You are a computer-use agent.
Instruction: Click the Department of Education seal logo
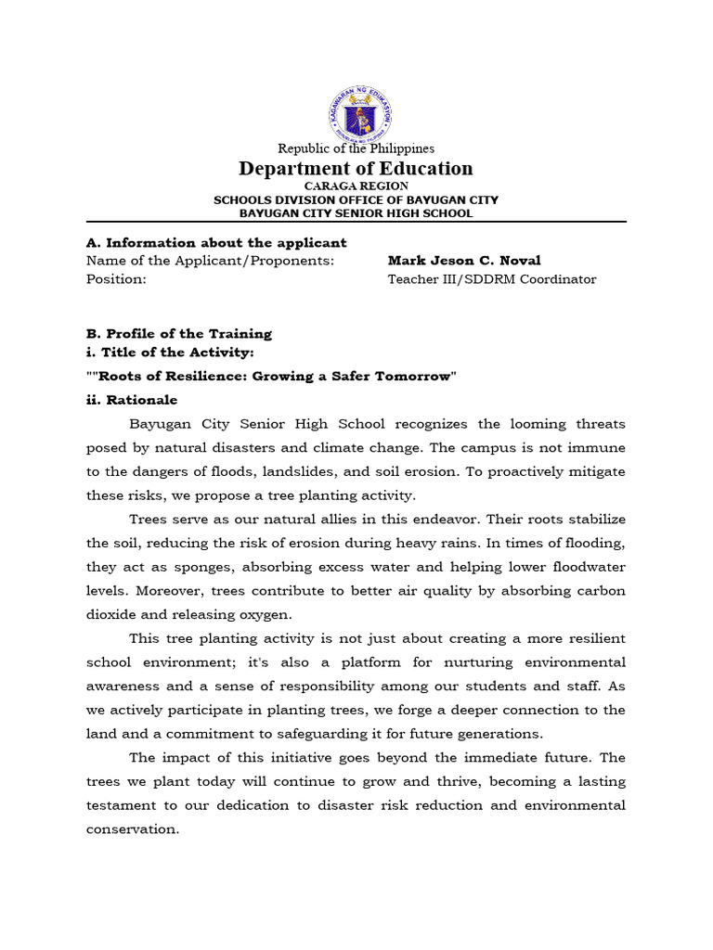[356, 111]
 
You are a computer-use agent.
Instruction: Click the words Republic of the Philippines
[356, 148]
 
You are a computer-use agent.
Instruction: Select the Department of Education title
[356, 168]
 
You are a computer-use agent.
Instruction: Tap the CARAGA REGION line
[356, 186]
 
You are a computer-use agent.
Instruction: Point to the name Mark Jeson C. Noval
[464, 261]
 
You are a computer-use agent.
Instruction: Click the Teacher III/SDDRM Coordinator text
[492, 279]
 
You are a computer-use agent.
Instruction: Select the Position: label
[116, 279]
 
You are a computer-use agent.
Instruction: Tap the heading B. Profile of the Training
[179, 333]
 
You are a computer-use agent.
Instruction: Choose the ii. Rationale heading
[132, 400]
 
